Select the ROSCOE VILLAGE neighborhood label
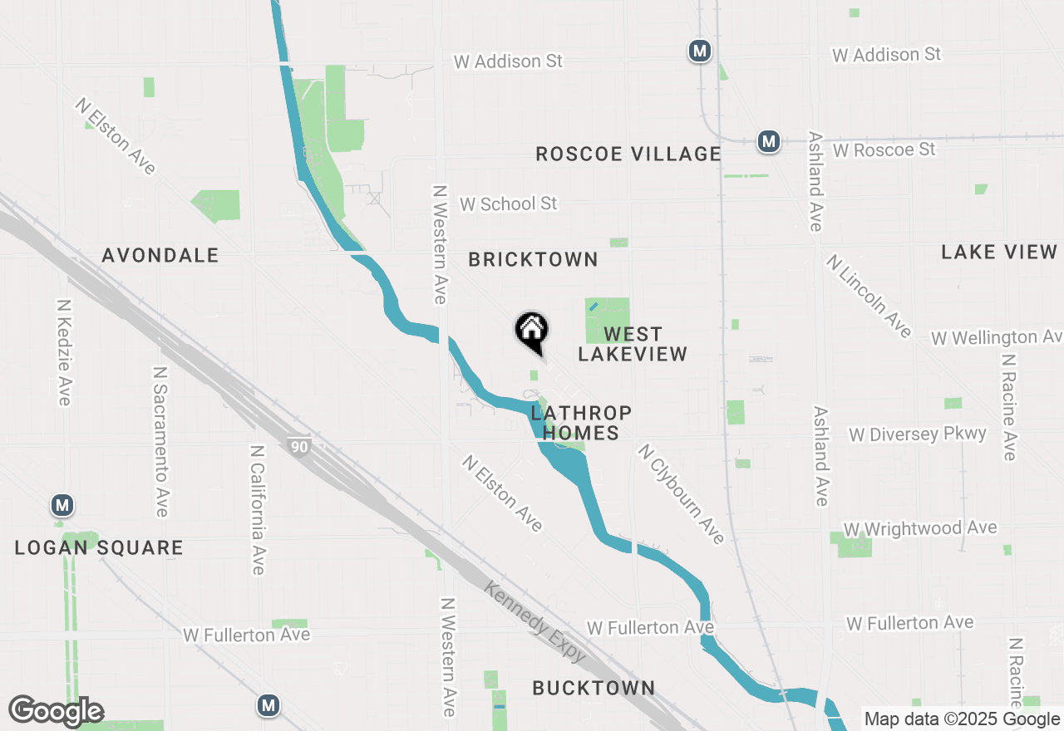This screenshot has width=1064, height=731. pos(628,154)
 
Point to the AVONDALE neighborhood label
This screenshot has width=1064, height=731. pos(160,255)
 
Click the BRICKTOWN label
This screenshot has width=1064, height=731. pos(533,259)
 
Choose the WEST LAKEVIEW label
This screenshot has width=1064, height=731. pos(633,344)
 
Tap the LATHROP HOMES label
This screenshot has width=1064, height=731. pos(581,423)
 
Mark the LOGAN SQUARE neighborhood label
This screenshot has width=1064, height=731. pos(99,547)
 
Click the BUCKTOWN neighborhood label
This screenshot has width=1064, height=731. pos(594,688)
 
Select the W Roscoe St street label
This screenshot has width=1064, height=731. pos(884,150)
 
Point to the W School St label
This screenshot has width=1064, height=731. pos(508,204)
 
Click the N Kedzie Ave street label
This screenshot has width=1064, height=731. pos(64,353)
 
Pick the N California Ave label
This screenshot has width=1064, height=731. pos(257,509)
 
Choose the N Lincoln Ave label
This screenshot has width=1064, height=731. pos(869,296)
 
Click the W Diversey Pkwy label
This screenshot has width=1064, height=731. pos(917,434)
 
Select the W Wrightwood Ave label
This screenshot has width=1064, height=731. pos(919,528)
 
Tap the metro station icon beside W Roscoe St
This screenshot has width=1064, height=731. pos(769,141)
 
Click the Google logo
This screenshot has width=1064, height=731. pos(56,712)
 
